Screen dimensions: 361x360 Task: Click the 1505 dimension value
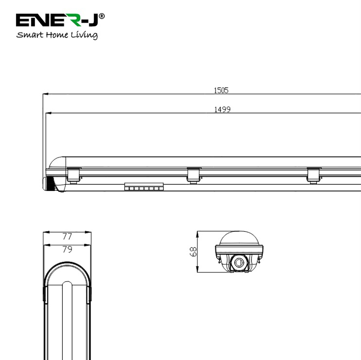click(221, 90)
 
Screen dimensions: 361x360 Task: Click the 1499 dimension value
click(222, 109)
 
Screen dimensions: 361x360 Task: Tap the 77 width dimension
click(67, 236)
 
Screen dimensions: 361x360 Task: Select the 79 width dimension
click(67, 249)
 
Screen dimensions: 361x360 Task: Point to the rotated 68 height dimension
click(193, 252)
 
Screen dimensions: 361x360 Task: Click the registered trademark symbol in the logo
click(101, 16)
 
